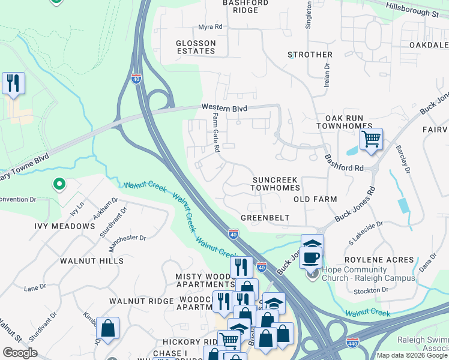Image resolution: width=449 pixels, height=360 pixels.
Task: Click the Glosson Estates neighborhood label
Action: point(196,47)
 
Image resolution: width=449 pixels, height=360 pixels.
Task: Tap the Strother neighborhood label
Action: point(310,55)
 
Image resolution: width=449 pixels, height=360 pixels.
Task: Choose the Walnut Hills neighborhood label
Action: point(92,261)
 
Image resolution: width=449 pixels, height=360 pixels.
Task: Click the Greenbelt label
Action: point(265,218)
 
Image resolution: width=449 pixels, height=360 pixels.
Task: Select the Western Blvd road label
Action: point(224,107)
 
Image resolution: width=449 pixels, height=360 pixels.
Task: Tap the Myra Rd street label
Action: point(210,27)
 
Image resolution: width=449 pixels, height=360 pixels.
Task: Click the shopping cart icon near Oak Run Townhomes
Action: point(371,139)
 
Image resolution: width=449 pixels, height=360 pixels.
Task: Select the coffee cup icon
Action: point(310,257)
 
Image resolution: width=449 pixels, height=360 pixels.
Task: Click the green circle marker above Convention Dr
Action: point(59,184)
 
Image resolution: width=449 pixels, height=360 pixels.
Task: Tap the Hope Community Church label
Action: point(368,274)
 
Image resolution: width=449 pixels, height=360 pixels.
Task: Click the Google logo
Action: point(20,353)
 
